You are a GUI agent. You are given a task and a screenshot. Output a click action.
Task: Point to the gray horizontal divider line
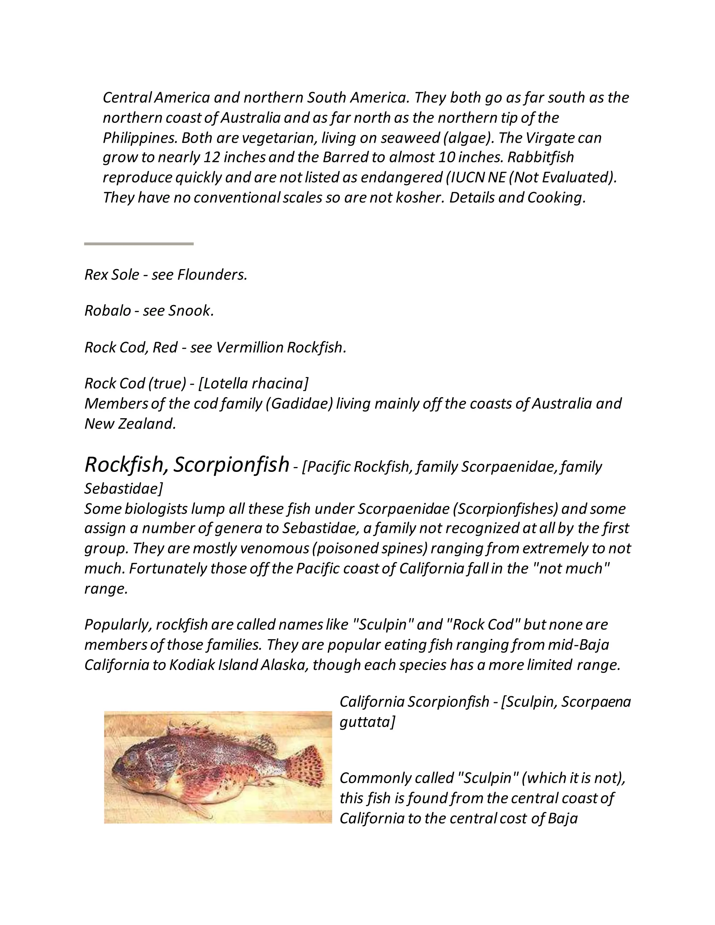click(139, 244)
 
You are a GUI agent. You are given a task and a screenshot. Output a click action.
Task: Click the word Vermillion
click(250, 347)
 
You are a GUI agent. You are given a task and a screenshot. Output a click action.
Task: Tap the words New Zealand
click(130, 423)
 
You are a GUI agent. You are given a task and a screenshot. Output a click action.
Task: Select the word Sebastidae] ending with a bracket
click(123, 488)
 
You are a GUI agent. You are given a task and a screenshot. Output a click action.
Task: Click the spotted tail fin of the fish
click(304, 763)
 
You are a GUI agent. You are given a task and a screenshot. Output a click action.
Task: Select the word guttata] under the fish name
click(367, 722)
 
